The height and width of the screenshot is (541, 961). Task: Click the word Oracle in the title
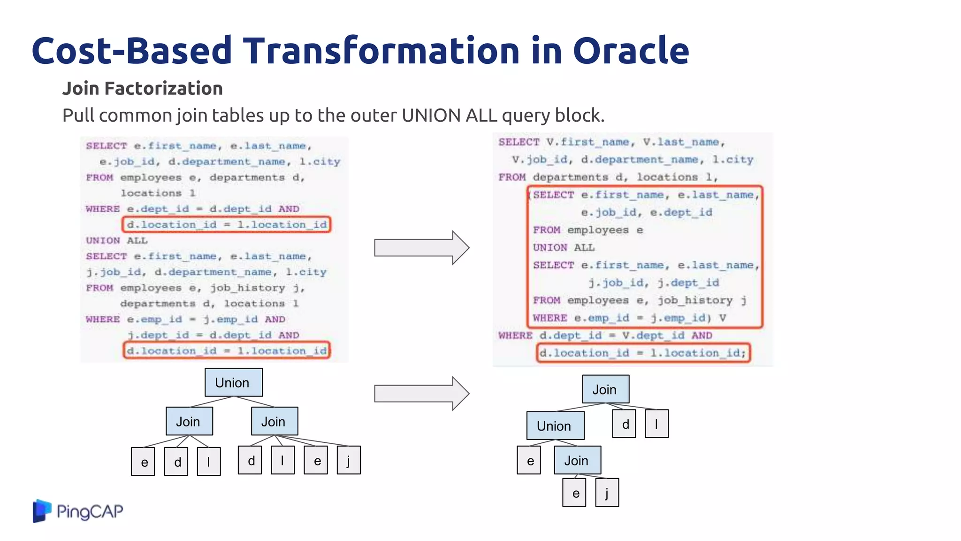(x=631, y=51)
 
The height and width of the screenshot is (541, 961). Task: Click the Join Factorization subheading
(x=142, y=88)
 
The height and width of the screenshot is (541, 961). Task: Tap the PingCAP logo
(x=78, y=510)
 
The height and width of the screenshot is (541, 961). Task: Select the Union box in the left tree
(x=233, y=382)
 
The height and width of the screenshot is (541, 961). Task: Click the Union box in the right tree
(x=555, y=425)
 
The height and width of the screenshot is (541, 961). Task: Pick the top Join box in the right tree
(x=605, y=389)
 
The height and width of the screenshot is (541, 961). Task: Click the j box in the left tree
(x=349, y=460)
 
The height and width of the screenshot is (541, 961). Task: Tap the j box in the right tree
(x=607, y=493)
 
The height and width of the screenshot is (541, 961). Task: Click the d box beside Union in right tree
(x=625, y=424)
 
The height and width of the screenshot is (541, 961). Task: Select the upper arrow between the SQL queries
(x=421, y=247)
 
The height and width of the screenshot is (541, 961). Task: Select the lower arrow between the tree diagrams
(x=421, y=393)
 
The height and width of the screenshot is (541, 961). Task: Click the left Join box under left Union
(x=189, y=421)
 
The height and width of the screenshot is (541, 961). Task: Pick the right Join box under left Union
(x=274, y=421)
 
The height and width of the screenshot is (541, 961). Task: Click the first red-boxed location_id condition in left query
(x=227, y=224)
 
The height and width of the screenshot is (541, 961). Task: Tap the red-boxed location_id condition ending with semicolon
(x=643, y=353)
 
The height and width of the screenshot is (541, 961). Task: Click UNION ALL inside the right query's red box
(x=564, y=247)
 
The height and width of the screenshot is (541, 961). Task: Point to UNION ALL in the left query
(x=116, y=240)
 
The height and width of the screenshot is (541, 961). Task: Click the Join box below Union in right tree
(x=577, y=460)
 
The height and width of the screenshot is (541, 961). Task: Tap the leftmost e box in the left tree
(x=143, y=462)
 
